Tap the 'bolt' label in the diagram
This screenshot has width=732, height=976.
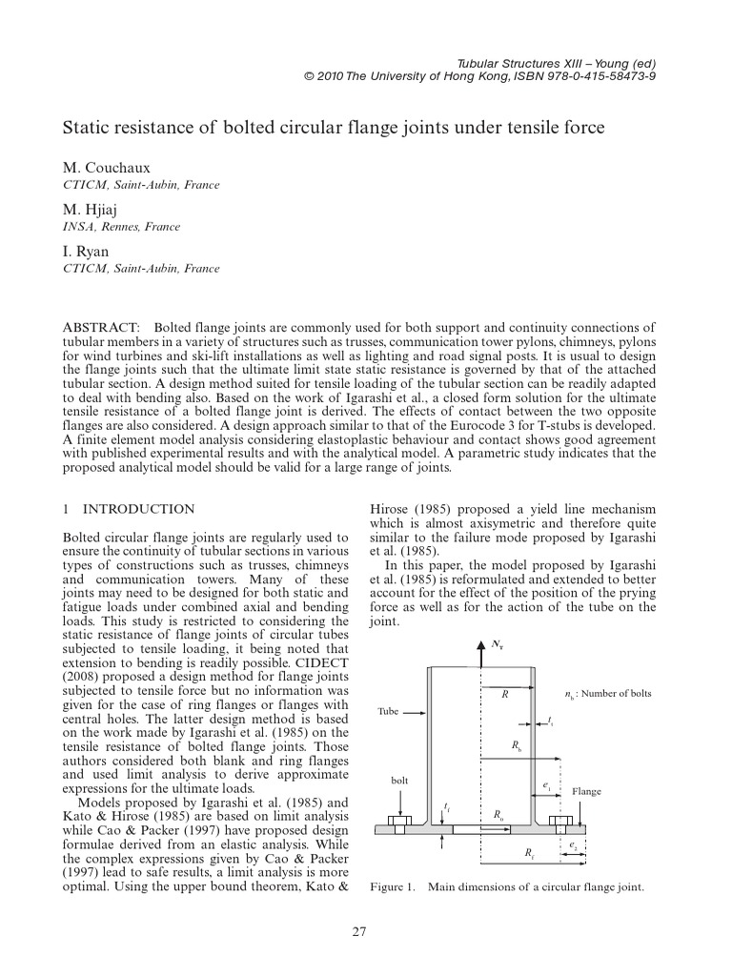click(x=400, y=781)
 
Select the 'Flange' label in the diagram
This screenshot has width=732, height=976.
click(x=587, y=792)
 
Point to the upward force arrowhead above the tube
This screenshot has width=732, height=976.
click(x=478, y=645)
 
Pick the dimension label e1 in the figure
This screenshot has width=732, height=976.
click(x=547, y=785)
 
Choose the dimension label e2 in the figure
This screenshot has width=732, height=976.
click(x=573, y=844)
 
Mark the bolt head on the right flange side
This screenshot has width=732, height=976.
click(x=559, y=820)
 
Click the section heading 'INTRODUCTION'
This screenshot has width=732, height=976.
click(x=139, y=510)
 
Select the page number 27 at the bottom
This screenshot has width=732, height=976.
click(x=359, y=931)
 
